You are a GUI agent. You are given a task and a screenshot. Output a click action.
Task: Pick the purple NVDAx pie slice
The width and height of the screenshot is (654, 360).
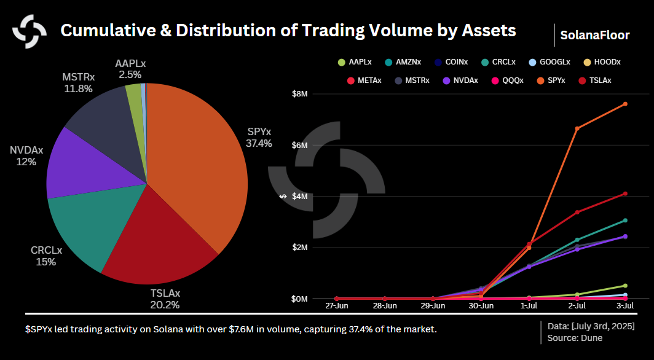[x=80, y=166]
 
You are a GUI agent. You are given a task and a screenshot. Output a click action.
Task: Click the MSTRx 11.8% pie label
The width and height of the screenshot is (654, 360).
[x=78, y=83]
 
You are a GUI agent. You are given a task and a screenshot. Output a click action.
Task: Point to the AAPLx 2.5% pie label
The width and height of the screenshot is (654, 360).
[x=130, y=69]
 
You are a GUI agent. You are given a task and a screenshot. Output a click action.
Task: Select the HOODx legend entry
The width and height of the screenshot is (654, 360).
[x=605, y=62]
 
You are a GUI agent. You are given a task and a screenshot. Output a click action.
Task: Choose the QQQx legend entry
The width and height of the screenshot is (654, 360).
[x=510, y=80]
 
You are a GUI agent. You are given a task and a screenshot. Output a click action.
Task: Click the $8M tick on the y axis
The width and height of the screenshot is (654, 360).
[x=299, y=94]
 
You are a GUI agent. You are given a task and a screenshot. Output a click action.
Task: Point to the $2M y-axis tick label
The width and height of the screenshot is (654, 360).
[x=299, y=248]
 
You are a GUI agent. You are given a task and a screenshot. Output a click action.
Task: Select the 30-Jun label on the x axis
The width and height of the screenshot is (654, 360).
[x=481, y=305]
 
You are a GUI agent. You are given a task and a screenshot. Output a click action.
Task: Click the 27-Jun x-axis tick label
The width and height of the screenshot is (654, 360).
[x=337, y=305]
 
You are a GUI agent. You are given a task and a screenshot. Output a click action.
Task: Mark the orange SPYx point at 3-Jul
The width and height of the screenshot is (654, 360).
[x=625, y=104]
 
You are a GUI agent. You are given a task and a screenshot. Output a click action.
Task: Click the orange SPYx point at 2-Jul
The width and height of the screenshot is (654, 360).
[x=577, y=128]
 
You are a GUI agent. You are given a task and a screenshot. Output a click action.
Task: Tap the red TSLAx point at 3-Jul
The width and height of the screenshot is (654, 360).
[x=625, y=194]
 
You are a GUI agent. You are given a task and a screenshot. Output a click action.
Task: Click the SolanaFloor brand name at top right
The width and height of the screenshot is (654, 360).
[x=594, y=36]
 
